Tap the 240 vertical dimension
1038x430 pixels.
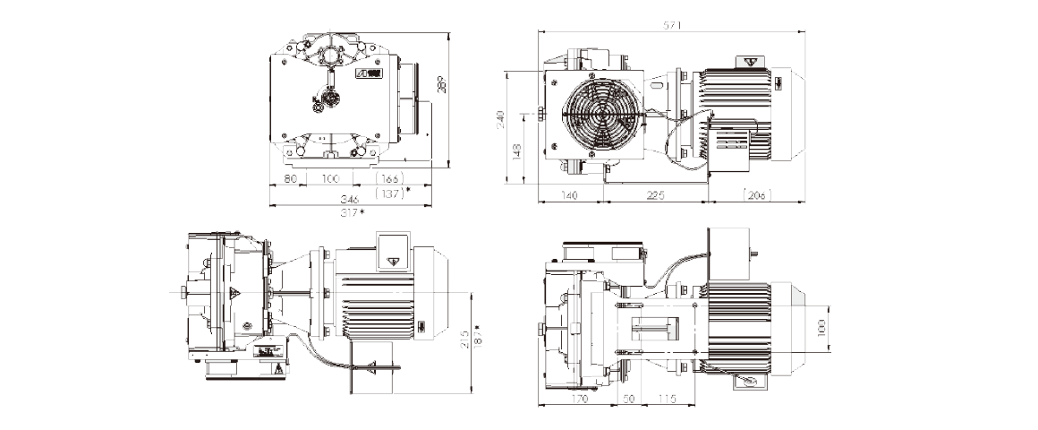pyautogui.click(x=501, y=119)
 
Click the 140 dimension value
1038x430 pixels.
pyautogui.click(x=570, y=195)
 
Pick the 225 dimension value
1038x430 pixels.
pyautogui.click(x=656, y=195)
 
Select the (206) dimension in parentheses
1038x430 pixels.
pyautogui.click(x=757, y=195)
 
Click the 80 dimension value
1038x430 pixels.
pyautogui.click(x=290, y=179)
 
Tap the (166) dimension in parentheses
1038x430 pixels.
pyautogui.click(x=390, y=179)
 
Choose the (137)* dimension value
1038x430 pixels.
pyautogui.click(x=393, y=192)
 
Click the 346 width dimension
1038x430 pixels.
pyautogui.click(x=350, y=199)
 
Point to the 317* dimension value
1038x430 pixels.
pyautogui.click(x=353, y=212)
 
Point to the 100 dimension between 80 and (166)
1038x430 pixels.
pyautogui.click(x=330, y=179)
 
